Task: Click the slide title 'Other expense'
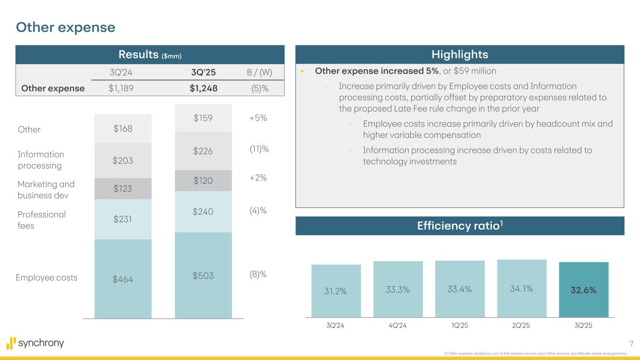click(65, 28)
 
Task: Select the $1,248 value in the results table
click(201, 88)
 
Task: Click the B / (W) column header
click(259, 73)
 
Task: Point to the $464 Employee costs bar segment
click(123, 278)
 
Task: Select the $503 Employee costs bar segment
click(203, 276)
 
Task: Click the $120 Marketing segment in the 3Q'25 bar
click(203, 180)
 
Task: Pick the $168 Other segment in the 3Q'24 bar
click(123, 128)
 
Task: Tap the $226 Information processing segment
click(203, 150)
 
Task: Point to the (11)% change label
click(258, 150)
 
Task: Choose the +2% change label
click(258, 178)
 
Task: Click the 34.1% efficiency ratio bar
click(521, 289)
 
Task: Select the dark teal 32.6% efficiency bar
click(583, 290)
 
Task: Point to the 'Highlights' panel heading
click(459, 54)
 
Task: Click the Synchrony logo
click(35, 343)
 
